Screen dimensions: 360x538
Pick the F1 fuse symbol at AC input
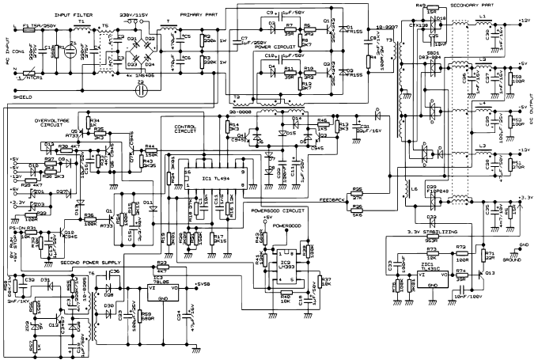[28, 25]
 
